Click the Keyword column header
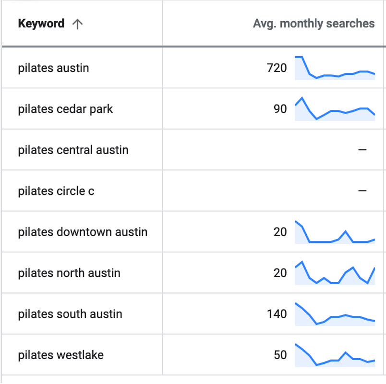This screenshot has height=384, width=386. (x=41, y=24)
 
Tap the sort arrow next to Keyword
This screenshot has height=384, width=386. (x=77, y=24)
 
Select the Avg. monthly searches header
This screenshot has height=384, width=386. (x=314, y=24)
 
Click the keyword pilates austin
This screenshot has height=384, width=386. (x=53, y=68)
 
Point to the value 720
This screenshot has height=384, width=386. (x=277, y=68)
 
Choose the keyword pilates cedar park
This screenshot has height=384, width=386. (x=65, y=109)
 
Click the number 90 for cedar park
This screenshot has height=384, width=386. (x=280, y=109)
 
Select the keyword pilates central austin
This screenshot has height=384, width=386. (x=73, y=150)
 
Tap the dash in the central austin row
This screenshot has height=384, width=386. (x=362, y=150)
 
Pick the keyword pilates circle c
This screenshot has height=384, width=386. (x=56, y=191)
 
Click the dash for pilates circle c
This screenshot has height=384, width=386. (x=362, y=191)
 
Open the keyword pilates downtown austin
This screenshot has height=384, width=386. (x=83, y=232)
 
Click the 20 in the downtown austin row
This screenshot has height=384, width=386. (x=280, y=232)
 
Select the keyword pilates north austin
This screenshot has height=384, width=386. (x=69, y=273)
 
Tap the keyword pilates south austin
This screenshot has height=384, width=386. (x=70, y=314)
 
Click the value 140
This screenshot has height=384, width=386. (x=277, y=314)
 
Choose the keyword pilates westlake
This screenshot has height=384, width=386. (x=60, y=355)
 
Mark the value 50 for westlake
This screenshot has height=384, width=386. (x=280, y=355)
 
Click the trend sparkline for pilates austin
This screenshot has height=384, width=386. (x=335, y=69)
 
